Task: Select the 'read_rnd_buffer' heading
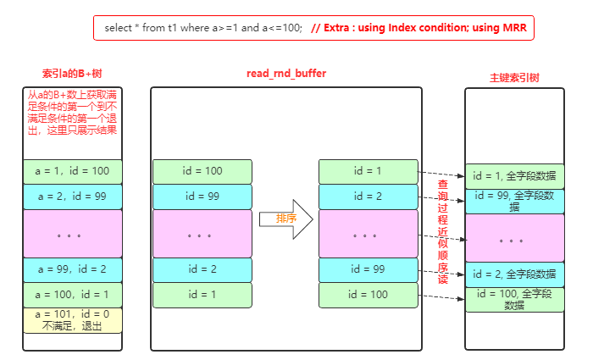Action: [285, 74]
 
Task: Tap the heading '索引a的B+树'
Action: [73, 75]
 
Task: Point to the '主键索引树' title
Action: [514, 77]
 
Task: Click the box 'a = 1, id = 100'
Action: [73, 171]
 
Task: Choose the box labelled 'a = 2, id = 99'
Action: [73, 197]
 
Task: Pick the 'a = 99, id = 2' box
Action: [73, 269]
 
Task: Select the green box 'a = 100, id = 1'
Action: [73, 294]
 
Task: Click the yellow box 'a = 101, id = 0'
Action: [73, 320]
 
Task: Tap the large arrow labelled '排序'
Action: [286, 219]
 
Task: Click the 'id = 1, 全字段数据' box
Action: [514, 177]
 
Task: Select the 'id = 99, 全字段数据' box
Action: [514, 202]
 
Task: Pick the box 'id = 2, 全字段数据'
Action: [514, 274]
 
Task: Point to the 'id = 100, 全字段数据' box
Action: [514, 299]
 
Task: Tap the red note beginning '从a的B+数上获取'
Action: [73, 113]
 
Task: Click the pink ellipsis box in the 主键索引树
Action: [514, 238]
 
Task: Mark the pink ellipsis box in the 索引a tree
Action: [73, 233]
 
